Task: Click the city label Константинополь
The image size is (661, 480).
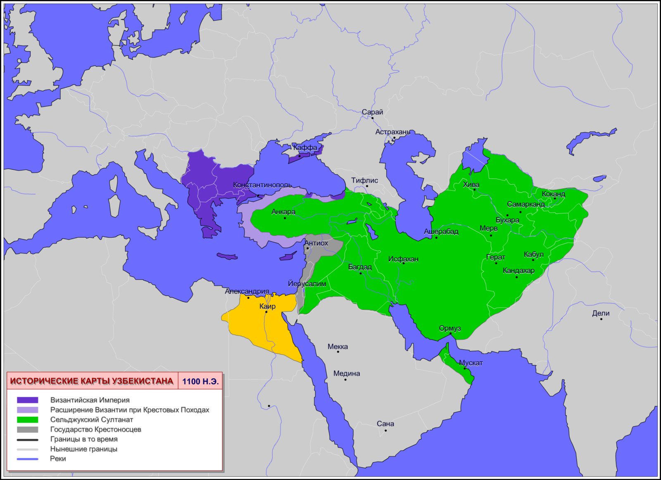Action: [x=262, y=185]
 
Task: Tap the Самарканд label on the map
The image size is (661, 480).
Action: [x=525, y=204]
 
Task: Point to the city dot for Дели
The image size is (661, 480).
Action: [x=601, y=319]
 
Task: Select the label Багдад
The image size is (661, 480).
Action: [x=360, y=267]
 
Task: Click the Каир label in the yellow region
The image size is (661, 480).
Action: [x=267, y=306]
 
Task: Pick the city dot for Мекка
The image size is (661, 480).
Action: [x=338, y=352]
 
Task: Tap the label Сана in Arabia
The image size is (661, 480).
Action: [x=385, y=424]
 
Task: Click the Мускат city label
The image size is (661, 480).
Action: [x=471, y=363]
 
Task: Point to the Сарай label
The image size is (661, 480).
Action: [x=372, y=112]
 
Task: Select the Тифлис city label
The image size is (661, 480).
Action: [x=364, y=180]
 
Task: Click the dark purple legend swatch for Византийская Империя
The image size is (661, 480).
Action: [x=27, y=400]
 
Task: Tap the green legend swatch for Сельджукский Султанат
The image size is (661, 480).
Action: [x=27, y=420]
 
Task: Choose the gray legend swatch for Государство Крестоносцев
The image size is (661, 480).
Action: [x=27, y=430]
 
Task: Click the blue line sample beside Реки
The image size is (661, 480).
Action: [x=27, y=459]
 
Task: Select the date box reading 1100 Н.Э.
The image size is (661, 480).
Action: [x=200, y=381]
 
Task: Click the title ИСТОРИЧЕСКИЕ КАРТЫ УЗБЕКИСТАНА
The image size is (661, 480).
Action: [x=92, y=381]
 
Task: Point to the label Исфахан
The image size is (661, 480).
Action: [x=403, y=259]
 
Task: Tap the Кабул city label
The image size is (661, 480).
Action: [x=533, y=255]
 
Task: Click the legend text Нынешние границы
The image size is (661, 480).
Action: [x=84, y=449]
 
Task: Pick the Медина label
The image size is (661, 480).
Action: [x=347, y=374]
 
